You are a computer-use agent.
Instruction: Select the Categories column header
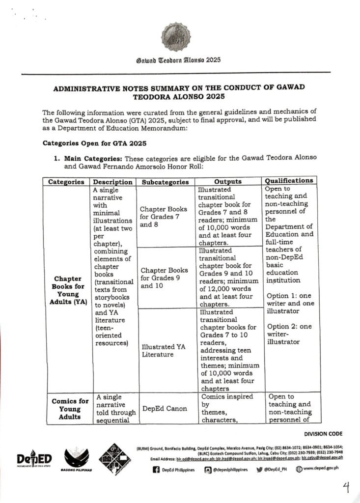(x=66, y=182)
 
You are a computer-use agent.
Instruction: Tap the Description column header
(x=113, y=182)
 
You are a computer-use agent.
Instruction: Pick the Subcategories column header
(x=165, y=182)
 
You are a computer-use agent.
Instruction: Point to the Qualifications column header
(x=289, y=181)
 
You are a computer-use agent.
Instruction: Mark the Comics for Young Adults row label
(x=70, y=409)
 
